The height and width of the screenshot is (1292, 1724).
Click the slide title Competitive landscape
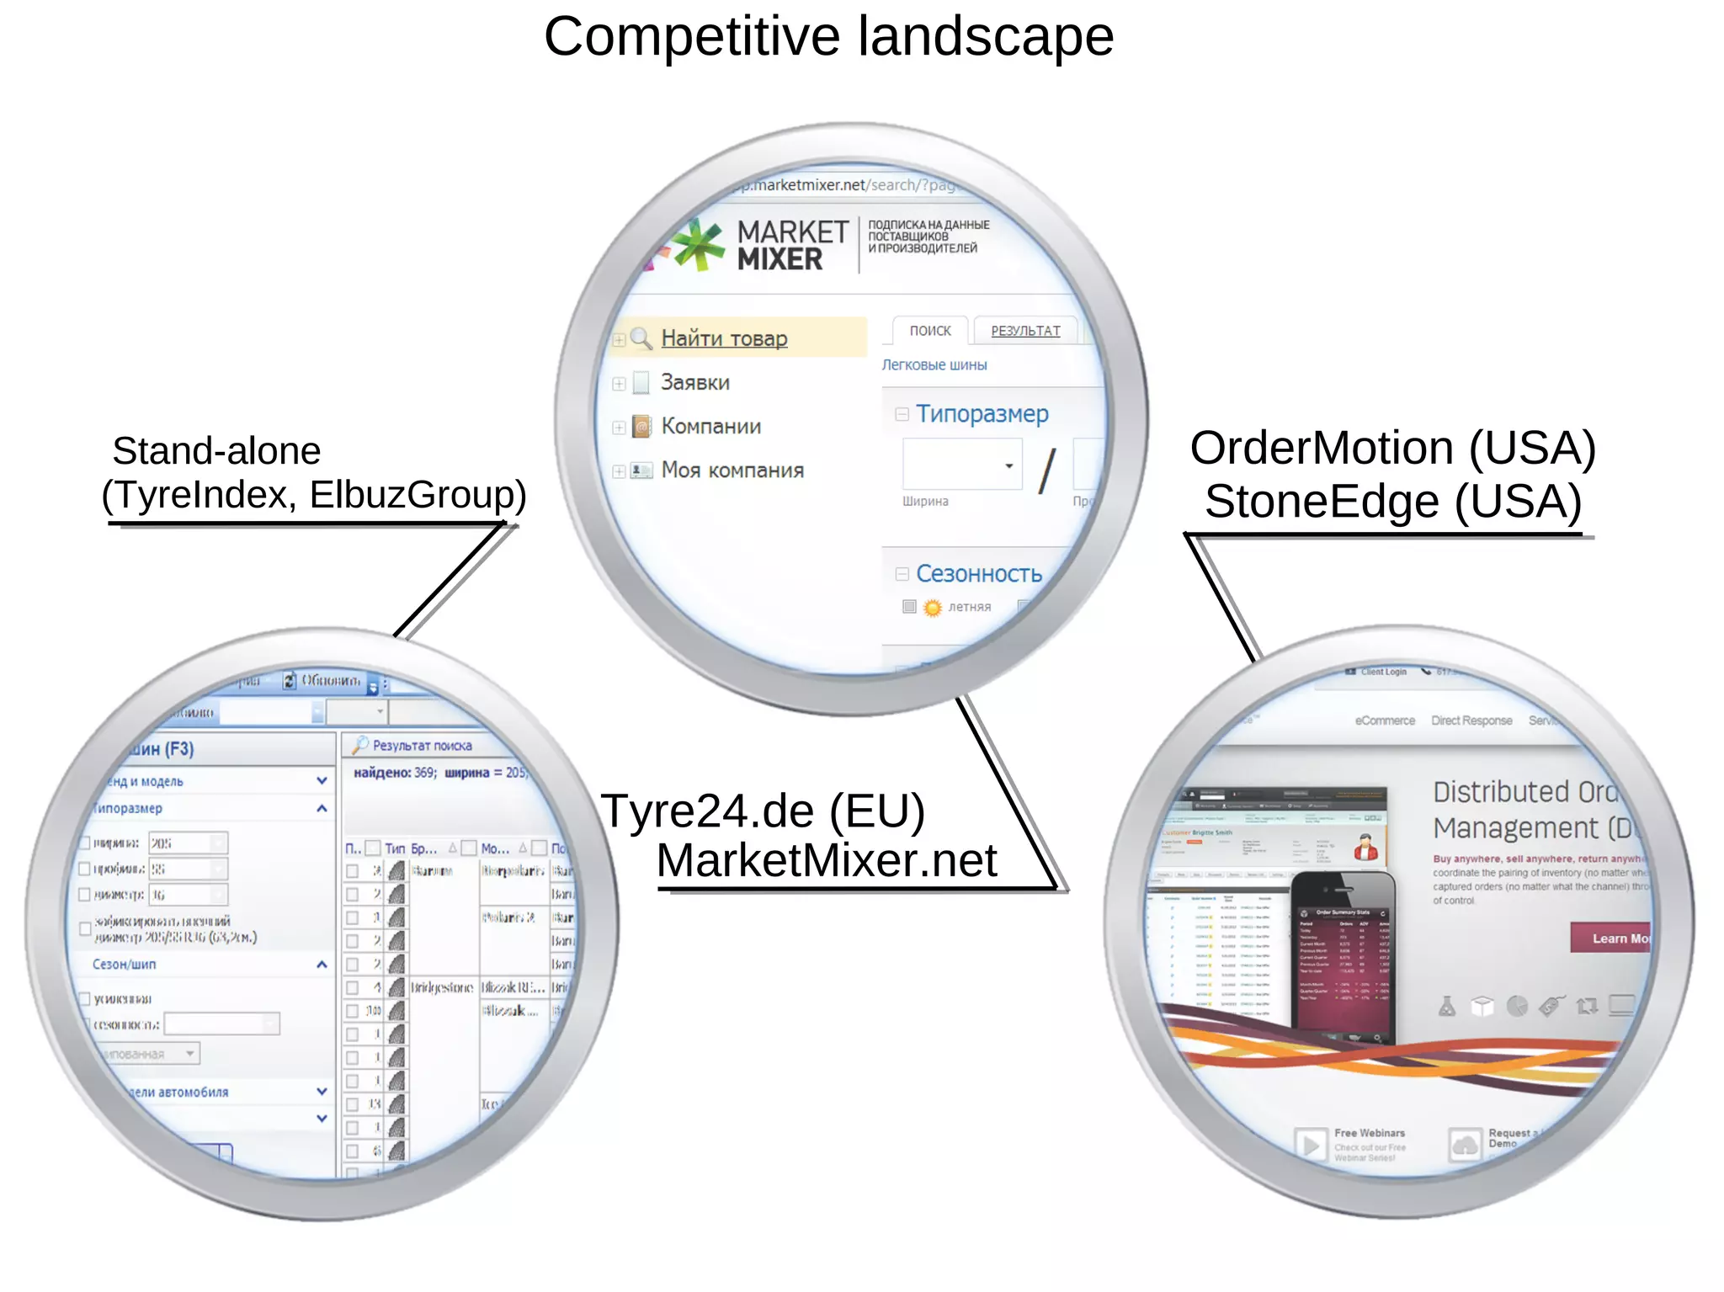pos(828,37)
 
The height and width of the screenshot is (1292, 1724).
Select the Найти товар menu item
pos(724,338)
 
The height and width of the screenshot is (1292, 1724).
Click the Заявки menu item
pos(694,383)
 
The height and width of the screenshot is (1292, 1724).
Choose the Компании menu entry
pos(710,427)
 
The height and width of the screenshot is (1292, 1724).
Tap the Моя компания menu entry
pos(732,471)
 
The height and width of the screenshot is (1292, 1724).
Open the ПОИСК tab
pos(929,331)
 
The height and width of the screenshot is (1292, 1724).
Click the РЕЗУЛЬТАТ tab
pos(1024,331)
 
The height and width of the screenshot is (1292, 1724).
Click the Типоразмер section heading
pos(982,414)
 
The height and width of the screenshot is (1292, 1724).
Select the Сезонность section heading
pos(978,574)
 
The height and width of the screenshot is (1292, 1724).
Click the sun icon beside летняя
pos(932,607)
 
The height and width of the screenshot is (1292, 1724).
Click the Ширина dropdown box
pos(962,465)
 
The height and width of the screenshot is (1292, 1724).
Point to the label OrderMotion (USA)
pos(1392,448)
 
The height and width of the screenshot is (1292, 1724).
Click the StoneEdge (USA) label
pos(1392,502)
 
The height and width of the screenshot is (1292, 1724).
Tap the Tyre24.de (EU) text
pos(763,811)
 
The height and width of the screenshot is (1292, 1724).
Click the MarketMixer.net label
pos(826,861)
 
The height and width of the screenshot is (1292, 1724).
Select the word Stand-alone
pos(216,451)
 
